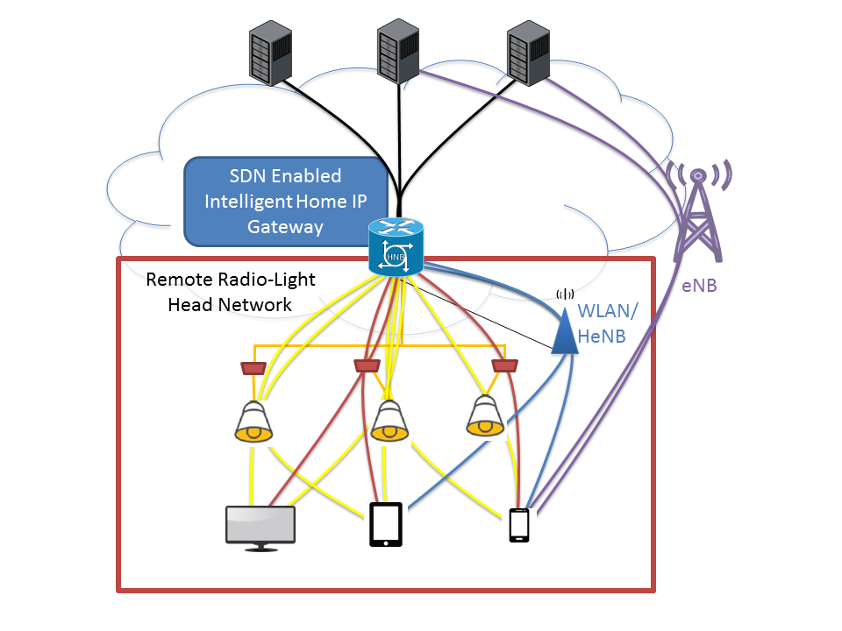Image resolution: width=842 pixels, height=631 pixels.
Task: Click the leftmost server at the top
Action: (269, 54)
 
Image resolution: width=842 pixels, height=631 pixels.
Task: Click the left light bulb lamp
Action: (253, 422)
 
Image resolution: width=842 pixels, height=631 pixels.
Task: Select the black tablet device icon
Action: (386, 524)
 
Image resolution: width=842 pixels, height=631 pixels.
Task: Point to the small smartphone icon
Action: (519, 525)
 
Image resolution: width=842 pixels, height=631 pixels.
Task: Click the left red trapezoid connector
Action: (253, 366)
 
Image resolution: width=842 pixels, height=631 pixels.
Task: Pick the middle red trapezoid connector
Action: (367, 365)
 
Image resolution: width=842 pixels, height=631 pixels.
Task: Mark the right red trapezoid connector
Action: (503, 365)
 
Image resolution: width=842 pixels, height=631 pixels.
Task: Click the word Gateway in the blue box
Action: (286, 227)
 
